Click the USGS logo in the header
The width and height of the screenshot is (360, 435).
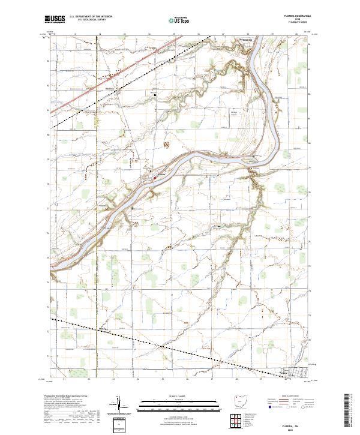pyautogui.click(x=55, y=19)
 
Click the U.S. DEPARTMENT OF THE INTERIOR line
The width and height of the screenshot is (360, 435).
pyautogui.click(x=91, y=17)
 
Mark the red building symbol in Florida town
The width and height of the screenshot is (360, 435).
pyautogui.click(x=155, y=178)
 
